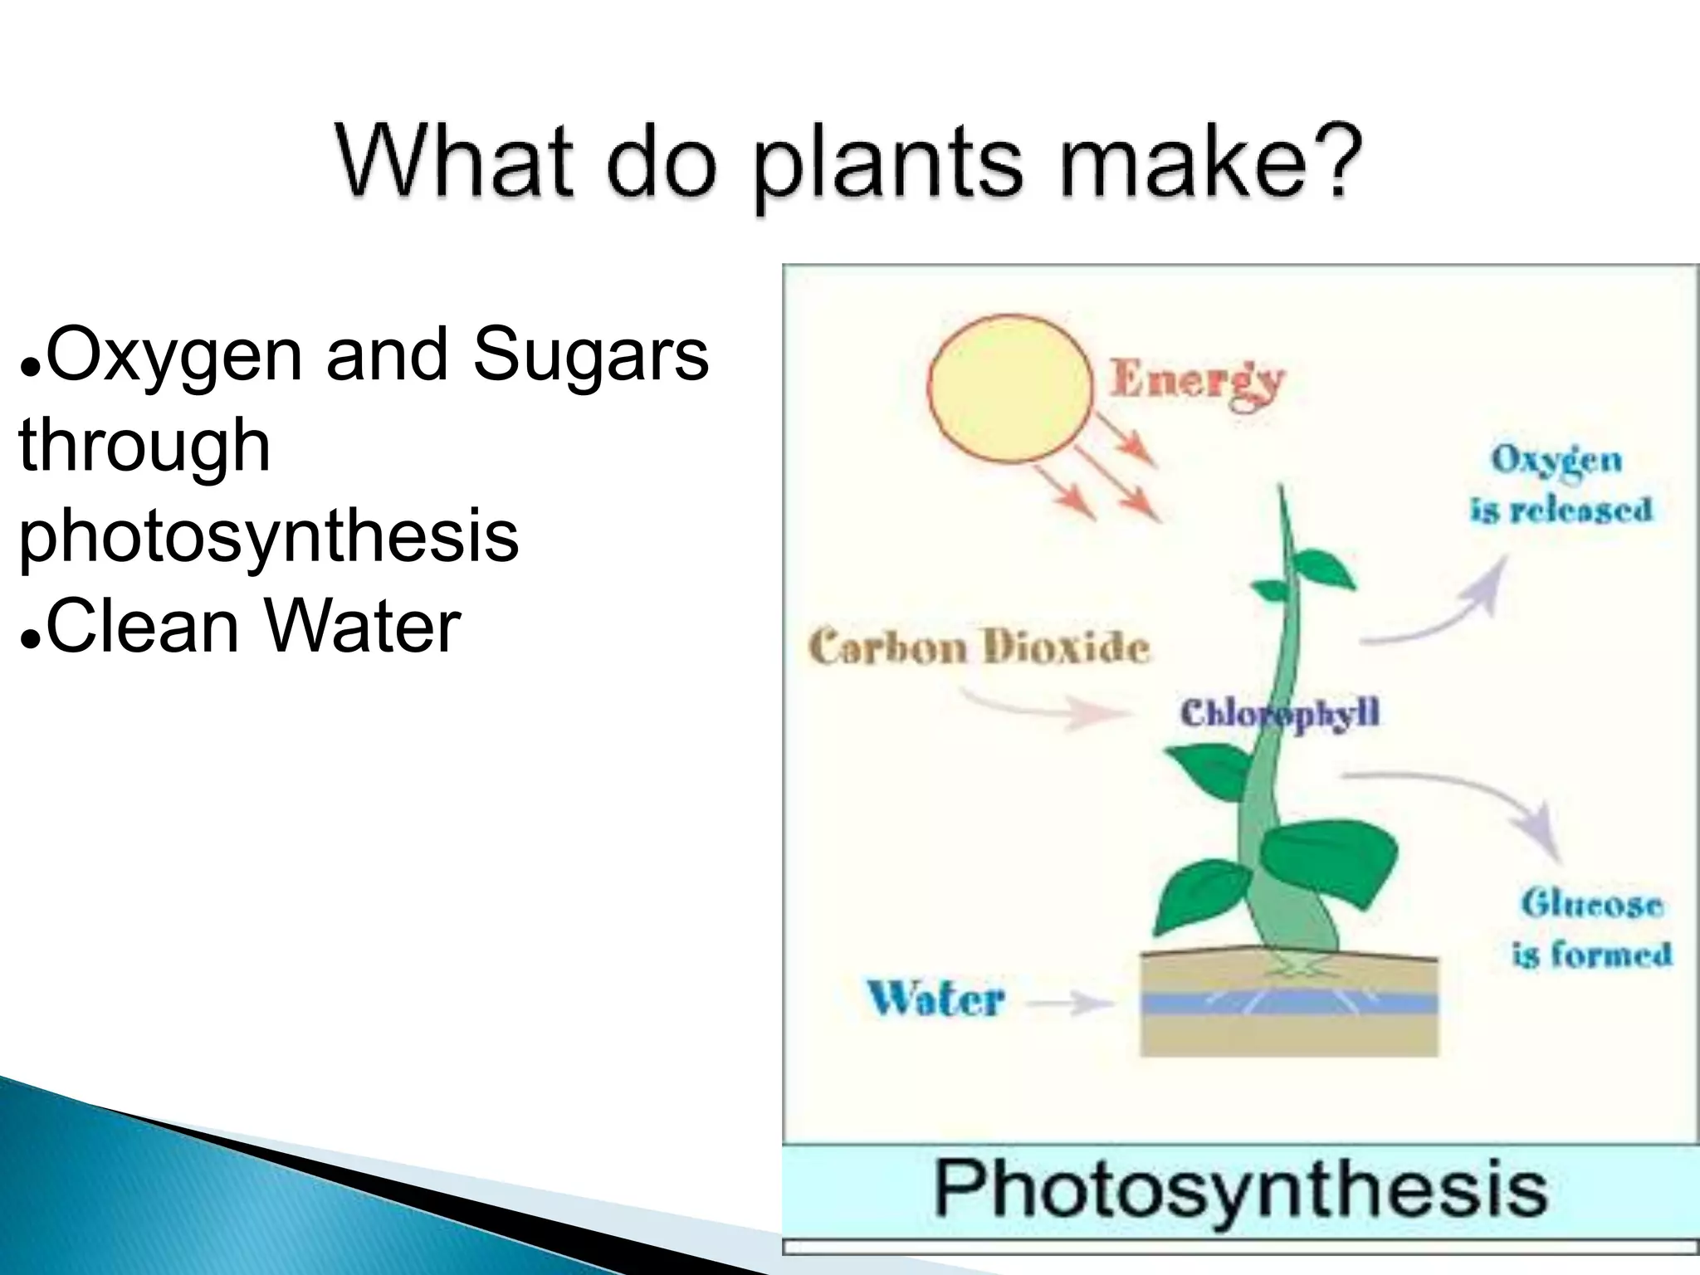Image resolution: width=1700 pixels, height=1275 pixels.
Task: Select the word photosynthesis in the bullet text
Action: pos(268,535)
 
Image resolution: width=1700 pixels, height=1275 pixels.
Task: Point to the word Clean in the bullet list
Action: pos(143,626)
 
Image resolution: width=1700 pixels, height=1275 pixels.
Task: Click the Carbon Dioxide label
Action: pos(979,647)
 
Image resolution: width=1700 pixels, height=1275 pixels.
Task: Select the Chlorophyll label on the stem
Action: pos(1279,713)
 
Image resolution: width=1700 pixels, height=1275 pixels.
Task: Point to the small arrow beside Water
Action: pos(1071,1004)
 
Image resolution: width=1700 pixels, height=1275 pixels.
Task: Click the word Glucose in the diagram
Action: pos(1590,903)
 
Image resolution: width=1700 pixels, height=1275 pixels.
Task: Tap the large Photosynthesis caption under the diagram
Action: pos(1240,1190)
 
